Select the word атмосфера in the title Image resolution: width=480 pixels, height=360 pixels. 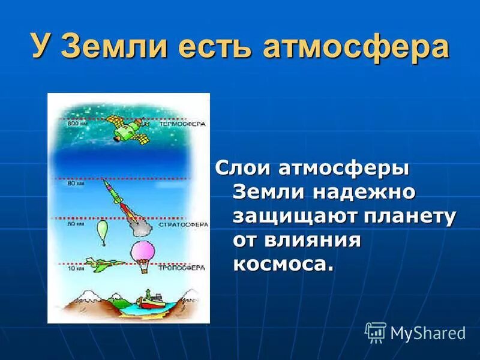click(x=355, y=47)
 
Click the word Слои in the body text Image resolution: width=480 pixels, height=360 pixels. click(x=242, y=169)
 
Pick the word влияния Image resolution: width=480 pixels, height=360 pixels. click(x=309, y=240)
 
